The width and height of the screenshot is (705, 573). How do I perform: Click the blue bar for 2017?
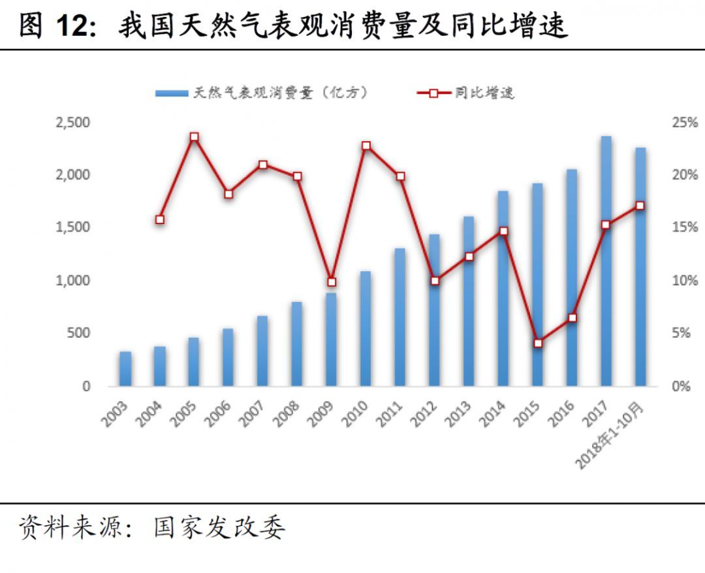tap(606, 261)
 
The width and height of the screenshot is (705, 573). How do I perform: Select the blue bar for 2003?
tap(125, 369)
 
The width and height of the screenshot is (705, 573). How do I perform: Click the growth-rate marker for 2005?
tap(194, 137)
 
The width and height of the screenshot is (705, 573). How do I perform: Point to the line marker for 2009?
tap(331, 282)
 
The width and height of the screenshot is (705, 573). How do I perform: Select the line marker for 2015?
tap(538, 343)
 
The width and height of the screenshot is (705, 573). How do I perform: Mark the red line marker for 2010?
tap(366, 146)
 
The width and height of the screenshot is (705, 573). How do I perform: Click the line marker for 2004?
tap(160, 220)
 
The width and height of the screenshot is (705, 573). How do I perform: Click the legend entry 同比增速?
tap(466, 93)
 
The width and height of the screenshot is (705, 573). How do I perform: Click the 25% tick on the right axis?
tap(684, 123)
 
